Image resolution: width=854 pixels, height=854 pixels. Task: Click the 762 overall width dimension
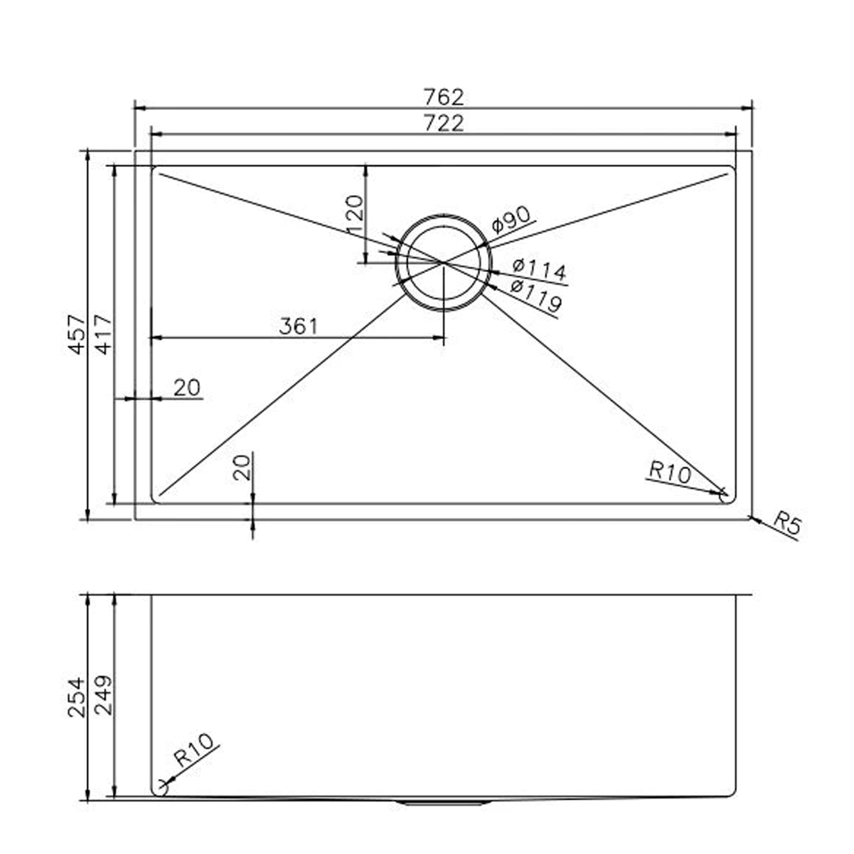pos(443,96)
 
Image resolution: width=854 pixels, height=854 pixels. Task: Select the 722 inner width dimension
pos(443,123)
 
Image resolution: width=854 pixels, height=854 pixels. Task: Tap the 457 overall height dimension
pos(77,334)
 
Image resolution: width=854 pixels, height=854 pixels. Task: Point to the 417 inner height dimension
pos(104,334)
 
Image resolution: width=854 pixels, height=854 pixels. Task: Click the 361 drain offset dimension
pos(298,326)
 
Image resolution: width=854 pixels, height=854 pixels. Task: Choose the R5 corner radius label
pos(787,523)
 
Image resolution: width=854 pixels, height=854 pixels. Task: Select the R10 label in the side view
pos(194,751)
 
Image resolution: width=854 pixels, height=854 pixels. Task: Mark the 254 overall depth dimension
pos(77,696)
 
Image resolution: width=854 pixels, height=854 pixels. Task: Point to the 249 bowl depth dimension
pos(104,696)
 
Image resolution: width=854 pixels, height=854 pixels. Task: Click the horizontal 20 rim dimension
pos(187,387)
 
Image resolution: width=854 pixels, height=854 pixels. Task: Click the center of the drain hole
pos(444,261)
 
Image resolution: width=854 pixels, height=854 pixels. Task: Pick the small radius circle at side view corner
pos(164,785)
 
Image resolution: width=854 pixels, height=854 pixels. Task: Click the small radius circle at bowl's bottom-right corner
pos(723,494)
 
